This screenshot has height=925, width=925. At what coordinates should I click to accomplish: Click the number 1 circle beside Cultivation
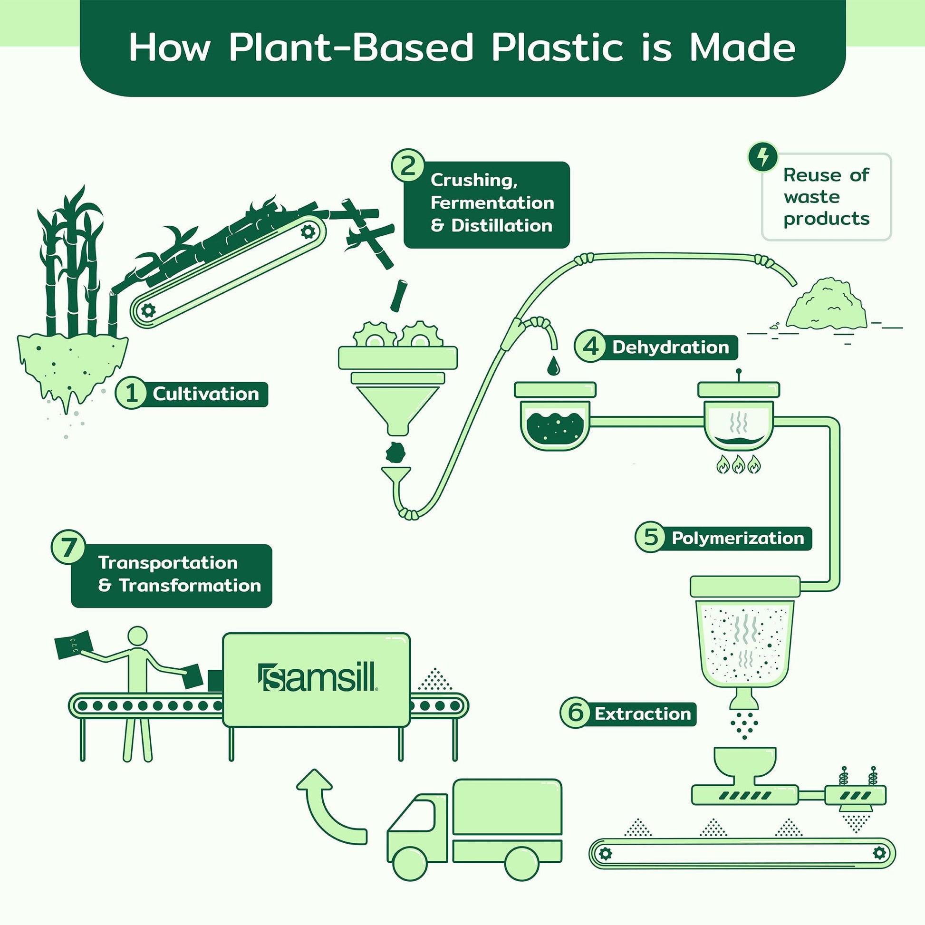tap(131, 394)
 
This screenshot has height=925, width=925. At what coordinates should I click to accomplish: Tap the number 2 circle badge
tap(408, 167)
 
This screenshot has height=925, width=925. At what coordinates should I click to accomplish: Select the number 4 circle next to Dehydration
tap(591, 347)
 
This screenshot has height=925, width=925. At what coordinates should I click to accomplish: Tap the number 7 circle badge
tap(68, 547)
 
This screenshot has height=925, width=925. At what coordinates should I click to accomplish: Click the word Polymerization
tap(737, 538)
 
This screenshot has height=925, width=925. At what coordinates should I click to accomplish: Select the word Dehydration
tap(670, 347)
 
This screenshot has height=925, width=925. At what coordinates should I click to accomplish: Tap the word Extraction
tap(643, 714)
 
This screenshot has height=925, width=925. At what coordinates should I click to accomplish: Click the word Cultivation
tap(206, 394)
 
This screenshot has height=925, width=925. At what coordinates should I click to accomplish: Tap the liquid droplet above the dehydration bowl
tap(553, 366)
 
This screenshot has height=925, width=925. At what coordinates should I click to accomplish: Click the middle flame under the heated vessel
tap(738, 464)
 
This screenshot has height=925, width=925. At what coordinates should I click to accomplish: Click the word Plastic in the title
tap(557, 48)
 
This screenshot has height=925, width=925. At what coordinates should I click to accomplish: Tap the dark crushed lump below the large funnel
tap(396, 451)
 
